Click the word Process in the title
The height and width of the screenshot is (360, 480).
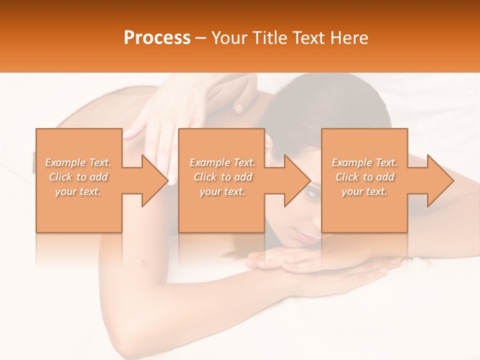click(157, 38)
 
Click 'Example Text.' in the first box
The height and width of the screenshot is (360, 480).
click(78, 162)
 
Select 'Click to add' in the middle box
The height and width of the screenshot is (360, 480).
click(222, 177)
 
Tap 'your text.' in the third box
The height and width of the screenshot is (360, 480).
click(364, 191)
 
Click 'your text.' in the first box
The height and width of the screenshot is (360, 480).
click(78, 191)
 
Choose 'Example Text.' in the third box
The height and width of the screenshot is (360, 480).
click(364, 162)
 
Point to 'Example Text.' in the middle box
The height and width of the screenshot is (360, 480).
click(222, 162)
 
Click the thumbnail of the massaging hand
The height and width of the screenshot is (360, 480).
click(238, 107)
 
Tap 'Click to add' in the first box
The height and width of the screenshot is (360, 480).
click(78, 177)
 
